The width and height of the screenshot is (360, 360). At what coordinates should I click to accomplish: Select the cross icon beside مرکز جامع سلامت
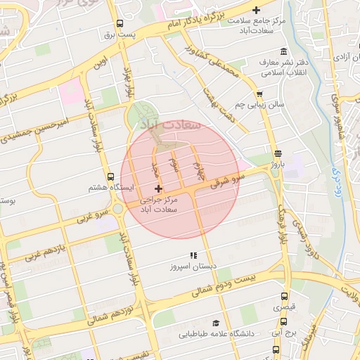pyautogui.click(x=257, y=10)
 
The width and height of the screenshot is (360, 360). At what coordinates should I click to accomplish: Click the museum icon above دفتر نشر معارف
pyautogui.click(x=283, y=51)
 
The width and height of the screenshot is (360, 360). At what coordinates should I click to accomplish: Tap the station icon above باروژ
pyautogui.click(x=277, y=153)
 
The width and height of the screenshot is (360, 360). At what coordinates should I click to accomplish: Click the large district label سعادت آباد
pyautogui.click(x=173, y=124)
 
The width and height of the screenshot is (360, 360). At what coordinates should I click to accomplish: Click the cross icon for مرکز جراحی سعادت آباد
pyautogui.click(x=158, y=188)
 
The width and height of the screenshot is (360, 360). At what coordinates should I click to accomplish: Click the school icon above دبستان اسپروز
pyautogui.click(x=193, y=255)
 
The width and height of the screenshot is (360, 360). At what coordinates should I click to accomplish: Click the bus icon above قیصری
pyautogui.click(x=283, y=297)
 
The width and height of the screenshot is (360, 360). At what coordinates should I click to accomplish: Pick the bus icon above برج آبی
pyautogui.click(x=284, y=319)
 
